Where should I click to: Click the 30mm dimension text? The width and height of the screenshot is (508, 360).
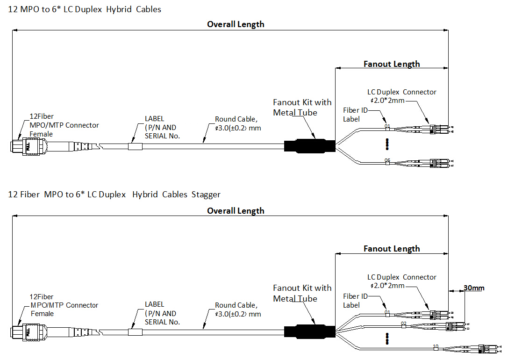[474, 288]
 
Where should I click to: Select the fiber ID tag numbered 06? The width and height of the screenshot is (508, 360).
[387, 161]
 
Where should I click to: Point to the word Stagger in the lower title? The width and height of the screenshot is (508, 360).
[206, 194]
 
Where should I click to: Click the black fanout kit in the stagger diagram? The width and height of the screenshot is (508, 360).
[309, 331]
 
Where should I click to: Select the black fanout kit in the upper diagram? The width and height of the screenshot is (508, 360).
[309, 146]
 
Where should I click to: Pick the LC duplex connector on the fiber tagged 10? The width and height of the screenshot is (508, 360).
[482, 349]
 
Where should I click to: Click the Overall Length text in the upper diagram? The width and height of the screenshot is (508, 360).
[236, 24]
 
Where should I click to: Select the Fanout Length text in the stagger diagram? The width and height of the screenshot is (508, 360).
[392, 249]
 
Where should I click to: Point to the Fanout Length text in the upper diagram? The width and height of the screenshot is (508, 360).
[392, 64]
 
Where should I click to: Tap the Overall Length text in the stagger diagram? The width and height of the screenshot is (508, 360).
[236, 211]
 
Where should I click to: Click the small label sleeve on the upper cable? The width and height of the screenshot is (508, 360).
[135, 146]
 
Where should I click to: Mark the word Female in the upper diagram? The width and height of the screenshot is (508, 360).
[41, 134]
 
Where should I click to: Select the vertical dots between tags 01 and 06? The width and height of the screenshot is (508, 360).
[387, 144]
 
